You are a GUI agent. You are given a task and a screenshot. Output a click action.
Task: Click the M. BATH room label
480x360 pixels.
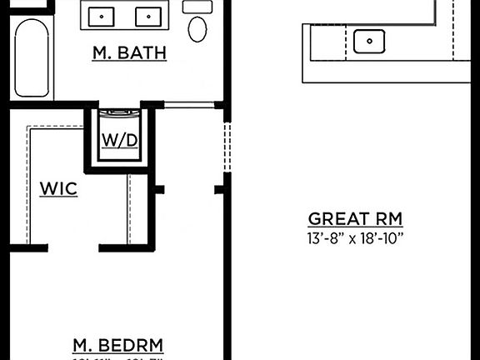tap(129, 53)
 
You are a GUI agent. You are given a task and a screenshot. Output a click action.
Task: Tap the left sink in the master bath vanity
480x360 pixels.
tap(102, 16)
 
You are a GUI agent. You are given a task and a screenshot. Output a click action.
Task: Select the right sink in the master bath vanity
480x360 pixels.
tap(147, 16)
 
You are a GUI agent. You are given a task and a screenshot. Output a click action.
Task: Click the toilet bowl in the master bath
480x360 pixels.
tap(197, 28)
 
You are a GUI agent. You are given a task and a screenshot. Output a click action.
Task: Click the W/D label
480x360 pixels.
tap(120, 140)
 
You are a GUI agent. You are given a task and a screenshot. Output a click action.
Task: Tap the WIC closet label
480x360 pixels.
tap(58, 189)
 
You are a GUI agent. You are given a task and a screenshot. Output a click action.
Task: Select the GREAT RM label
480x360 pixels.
tap(355, 219)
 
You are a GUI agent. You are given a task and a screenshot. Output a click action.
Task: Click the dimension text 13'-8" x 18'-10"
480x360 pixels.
tap(355, 239)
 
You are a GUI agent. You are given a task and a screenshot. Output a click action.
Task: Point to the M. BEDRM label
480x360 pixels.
tap(117, 345)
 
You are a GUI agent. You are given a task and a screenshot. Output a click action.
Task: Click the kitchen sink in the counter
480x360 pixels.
tap(367, 40)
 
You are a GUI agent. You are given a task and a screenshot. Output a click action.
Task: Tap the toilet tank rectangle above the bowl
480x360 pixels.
tap(197, 6)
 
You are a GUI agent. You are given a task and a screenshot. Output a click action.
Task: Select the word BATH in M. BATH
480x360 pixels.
tap(142, 53)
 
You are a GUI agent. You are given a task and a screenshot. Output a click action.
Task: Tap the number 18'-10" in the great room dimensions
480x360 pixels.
tap(382, 239)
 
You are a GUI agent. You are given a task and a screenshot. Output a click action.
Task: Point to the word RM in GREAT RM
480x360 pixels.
tap(389, 219)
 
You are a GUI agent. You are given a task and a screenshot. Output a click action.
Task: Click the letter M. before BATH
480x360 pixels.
tap(102, 53)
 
